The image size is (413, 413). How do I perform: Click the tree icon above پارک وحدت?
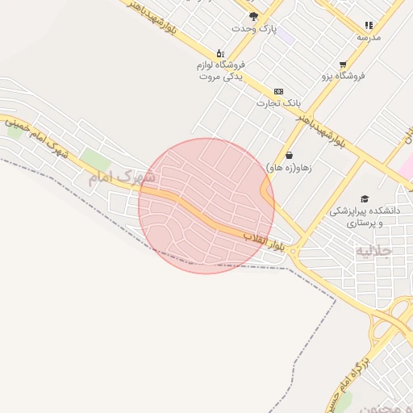[x=253, y=16]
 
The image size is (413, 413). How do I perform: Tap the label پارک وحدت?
[x=254, y=28]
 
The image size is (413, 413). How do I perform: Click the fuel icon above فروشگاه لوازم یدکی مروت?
[x=220, y=52]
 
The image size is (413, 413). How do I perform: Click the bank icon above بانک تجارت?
[x=278, y=91]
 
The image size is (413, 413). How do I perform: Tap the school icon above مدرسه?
[x=369, y=26]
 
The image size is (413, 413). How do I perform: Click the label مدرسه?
[x=369, y=37]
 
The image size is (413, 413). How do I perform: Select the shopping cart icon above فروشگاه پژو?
[x=344, y=65]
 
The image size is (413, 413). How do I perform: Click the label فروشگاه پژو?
[x=344, y=76]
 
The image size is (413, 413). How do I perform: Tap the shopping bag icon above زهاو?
[x=289, y=156]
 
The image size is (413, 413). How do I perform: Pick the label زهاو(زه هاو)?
[x=289, y=167]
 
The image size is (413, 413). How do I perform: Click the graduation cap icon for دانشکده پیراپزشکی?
[x=365, y=198]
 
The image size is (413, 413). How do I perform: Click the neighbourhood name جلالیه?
[x=373, y=251]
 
